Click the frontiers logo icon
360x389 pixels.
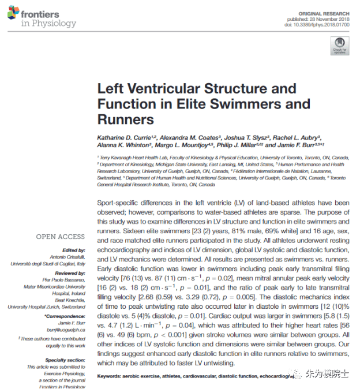[x=13, y=14]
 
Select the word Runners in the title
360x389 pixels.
[x=126, y=119]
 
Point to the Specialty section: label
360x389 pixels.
[x=67, y=360]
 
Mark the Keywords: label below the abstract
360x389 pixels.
[x=114, y=376]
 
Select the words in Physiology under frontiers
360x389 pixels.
[x=48, y=24]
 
